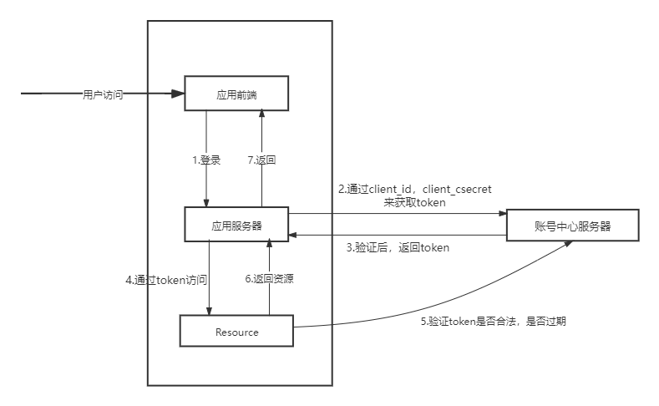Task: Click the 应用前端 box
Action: click(x=236, y=93)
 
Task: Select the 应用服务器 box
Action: click(x=236, y=225)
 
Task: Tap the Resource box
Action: click(x=236, y=332)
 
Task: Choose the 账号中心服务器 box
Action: click(x=572, y=226)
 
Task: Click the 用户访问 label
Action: click(x=103, y=94)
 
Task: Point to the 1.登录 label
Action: click(x=205, y=160)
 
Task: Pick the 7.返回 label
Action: click(x=262, y=160)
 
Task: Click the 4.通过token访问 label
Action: click(x=166, y=280)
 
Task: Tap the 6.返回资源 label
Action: click(x=269, y=279)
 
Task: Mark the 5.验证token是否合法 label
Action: click(x=494, y=321)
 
